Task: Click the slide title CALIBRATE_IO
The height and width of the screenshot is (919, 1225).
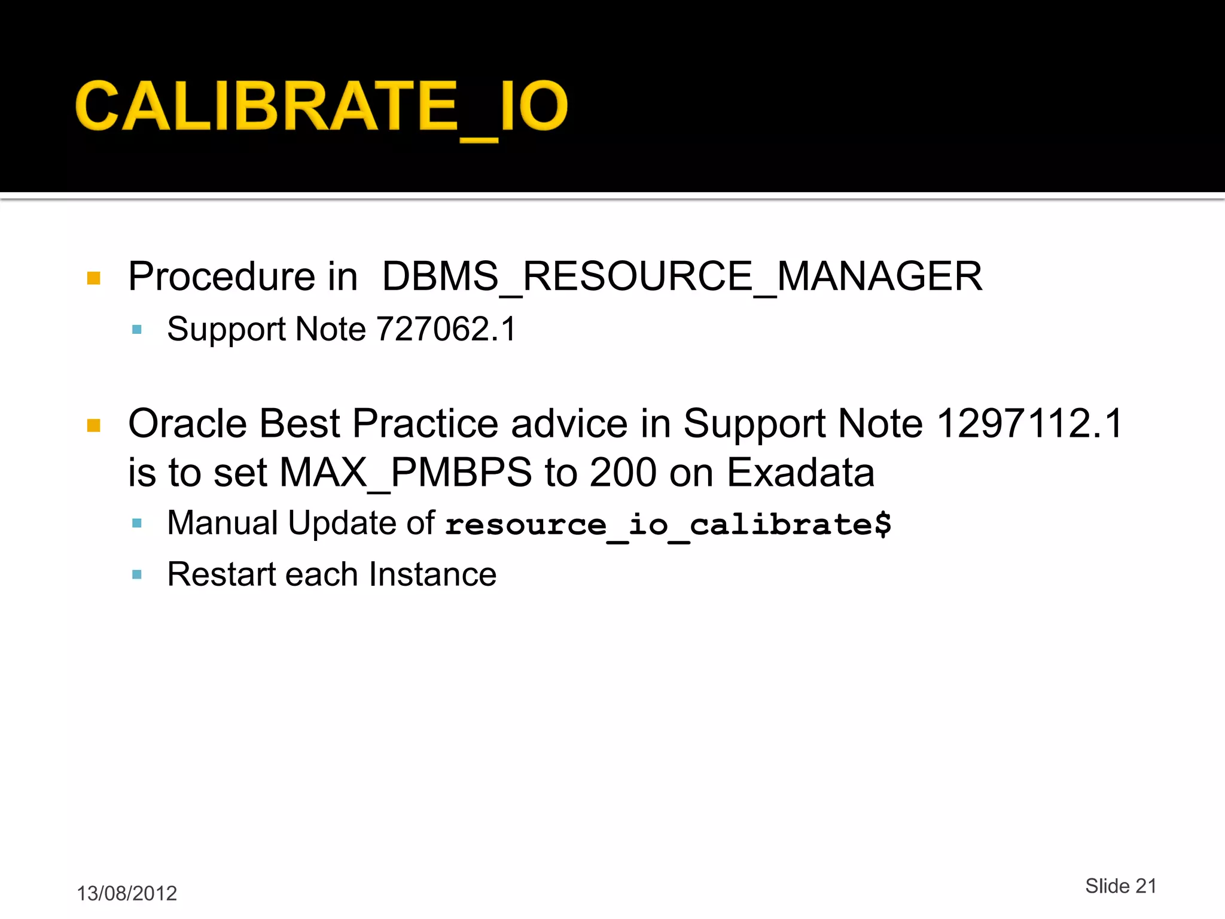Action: (321, 106)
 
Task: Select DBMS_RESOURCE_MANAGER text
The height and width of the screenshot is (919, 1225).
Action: (682, 277)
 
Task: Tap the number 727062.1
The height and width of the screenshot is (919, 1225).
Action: (446, 329)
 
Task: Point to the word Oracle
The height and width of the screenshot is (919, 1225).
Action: (187, 424)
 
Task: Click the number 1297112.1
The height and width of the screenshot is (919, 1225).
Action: (1029, 424)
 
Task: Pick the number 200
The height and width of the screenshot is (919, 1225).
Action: (623, 473)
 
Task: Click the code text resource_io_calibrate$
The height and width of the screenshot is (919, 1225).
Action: (668, 525)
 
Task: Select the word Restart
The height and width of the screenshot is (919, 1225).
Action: (220, 574)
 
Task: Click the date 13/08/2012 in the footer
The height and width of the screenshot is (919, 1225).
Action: (127, 893)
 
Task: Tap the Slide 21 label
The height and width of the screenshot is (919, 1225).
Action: (1121, 886)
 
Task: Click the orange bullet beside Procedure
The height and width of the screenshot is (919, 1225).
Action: (94, 278)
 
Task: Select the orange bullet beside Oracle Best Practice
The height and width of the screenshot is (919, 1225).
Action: (94, 425)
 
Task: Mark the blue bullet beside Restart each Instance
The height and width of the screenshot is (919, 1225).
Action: (137, 575)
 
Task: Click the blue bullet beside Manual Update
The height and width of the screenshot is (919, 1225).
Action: (137, 524)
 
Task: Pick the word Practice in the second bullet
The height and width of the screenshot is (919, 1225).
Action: (425, 424)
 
